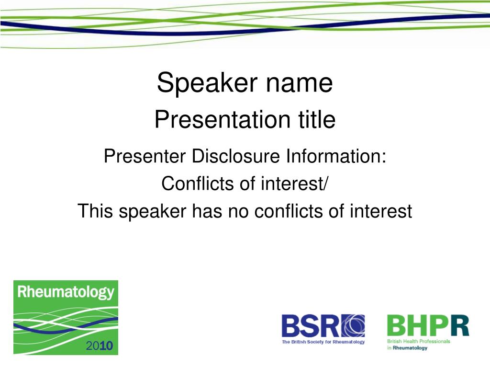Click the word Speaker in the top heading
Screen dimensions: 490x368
coord(207,82)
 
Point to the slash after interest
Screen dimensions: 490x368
coord(326,184)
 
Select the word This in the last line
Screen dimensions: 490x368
coord(95,211)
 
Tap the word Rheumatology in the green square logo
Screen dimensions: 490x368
coord(66,292)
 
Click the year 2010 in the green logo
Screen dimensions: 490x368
coord(100,346)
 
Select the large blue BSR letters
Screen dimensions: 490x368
coord(311,326)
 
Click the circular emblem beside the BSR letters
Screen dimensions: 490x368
coord(353,326)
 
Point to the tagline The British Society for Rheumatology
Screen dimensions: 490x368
coord(323,342)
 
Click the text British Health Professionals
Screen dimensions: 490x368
coord(419,341)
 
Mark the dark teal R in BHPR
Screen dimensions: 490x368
coord(460,326)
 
